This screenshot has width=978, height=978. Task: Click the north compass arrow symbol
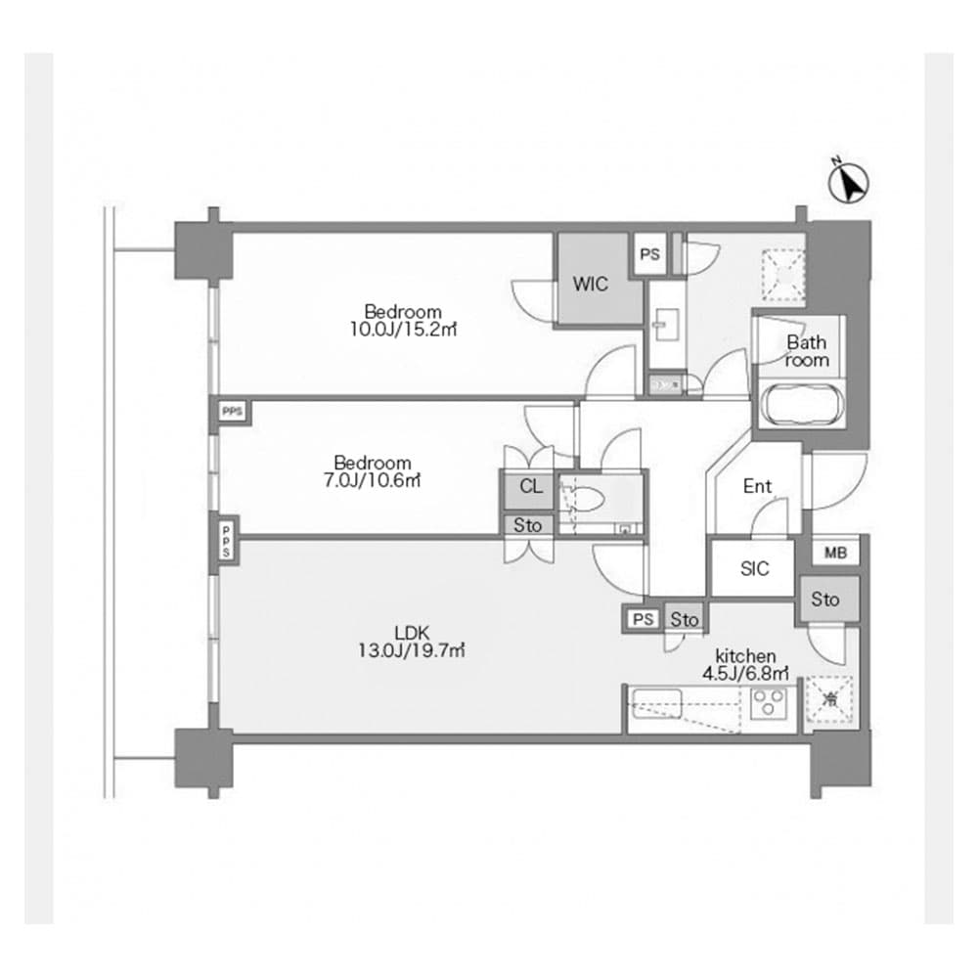point(849,183)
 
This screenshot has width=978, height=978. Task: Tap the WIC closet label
point(591,285)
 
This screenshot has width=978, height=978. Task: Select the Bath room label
point(807,351)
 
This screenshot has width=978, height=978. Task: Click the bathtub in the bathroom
point(798,404)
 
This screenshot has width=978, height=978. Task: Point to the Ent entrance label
point(757,486)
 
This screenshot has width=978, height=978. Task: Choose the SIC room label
point(754,569)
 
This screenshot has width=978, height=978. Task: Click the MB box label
point(834,553)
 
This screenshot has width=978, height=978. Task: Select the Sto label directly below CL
point(528,525)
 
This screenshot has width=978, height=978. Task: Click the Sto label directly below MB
point(825,600)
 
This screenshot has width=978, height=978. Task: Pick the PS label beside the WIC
point(649,255)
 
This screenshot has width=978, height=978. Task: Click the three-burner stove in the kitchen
point(769,701)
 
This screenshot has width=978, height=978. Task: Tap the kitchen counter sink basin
point(657,700)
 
